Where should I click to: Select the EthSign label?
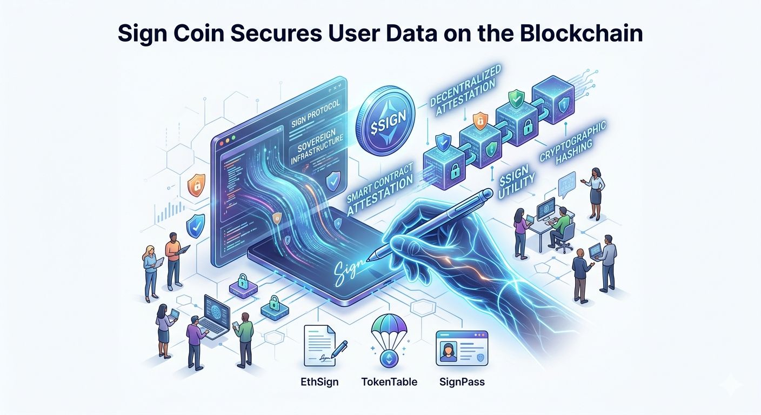319,382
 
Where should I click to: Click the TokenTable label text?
389,382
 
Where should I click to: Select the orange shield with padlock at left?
195,184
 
